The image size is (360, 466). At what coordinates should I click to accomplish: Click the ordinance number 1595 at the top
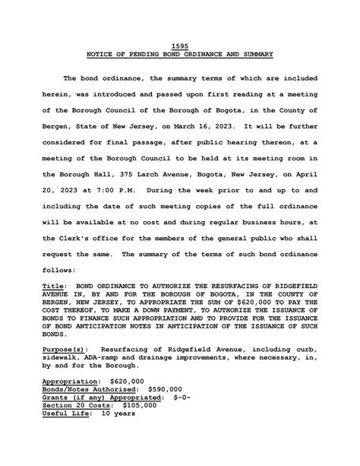coord(180,46)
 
